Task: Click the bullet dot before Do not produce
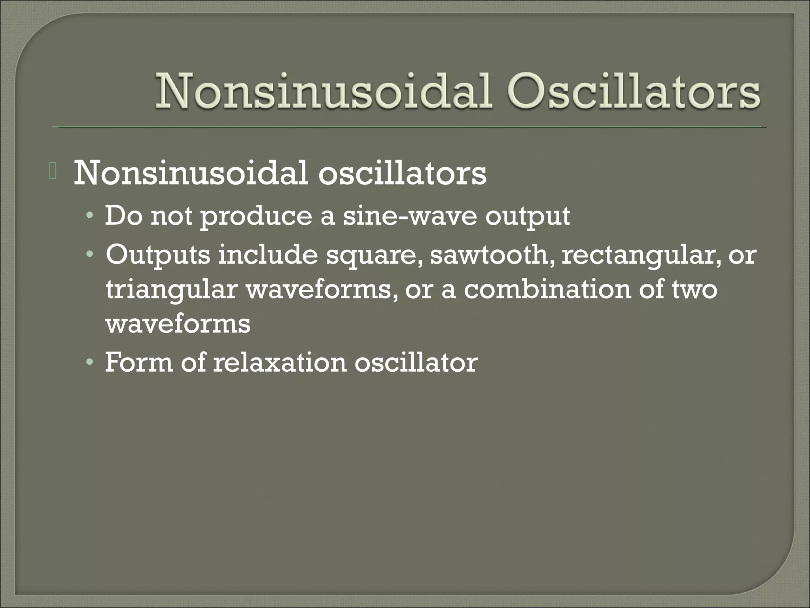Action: [91, 217]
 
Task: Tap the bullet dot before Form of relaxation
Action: [91, 363]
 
